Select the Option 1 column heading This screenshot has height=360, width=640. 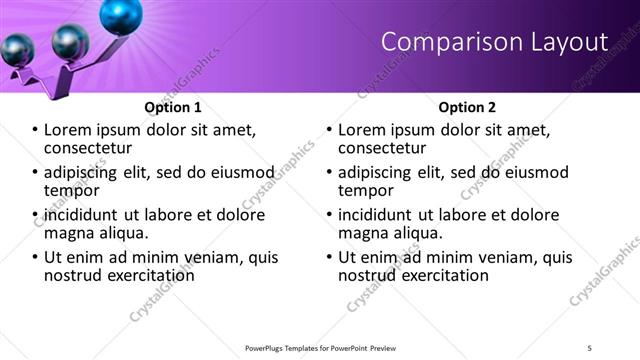(172, 106)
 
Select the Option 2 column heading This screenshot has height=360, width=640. (466, 106)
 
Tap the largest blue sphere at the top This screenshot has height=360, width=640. (121, 13)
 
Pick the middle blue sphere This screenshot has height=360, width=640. (69, 40)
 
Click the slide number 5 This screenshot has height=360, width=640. (590, 347)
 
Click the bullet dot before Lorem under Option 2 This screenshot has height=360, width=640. (330, 130)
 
